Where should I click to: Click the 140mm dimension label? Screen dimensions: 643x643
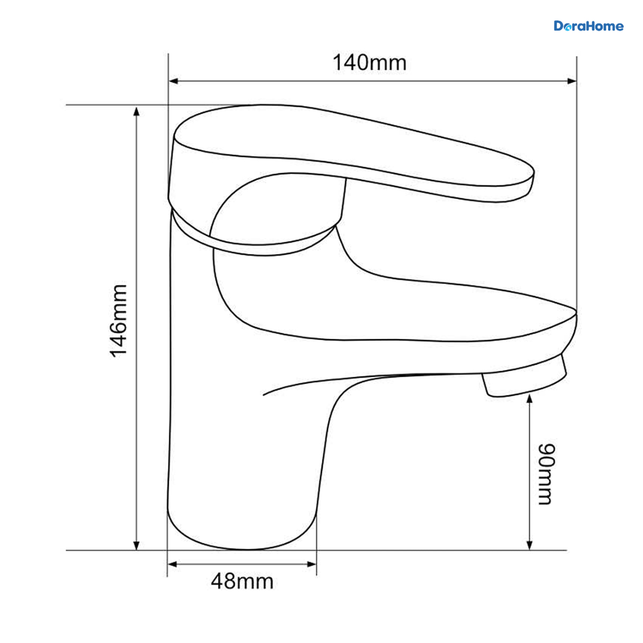[x=369, y=62]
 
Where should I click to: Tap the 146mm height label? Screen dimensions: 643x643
[x=119, y=321]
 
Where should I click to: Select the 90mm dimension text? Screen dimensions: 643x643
[x=547, y=474]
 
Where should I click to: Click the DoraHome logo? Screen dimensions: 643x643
[x=588, y=26]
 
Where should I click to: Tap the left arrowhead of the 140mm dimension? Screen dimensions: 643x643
[x=173, y=81]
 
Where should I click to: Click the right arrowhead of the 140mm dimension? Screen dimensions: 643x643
[x=572, y=81]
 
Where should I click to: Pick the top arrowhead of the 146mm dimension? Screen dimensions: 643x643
[x=136, y=111]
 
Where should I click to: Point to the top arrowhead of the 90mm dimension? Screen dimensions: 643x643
[x=529, y=399]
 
